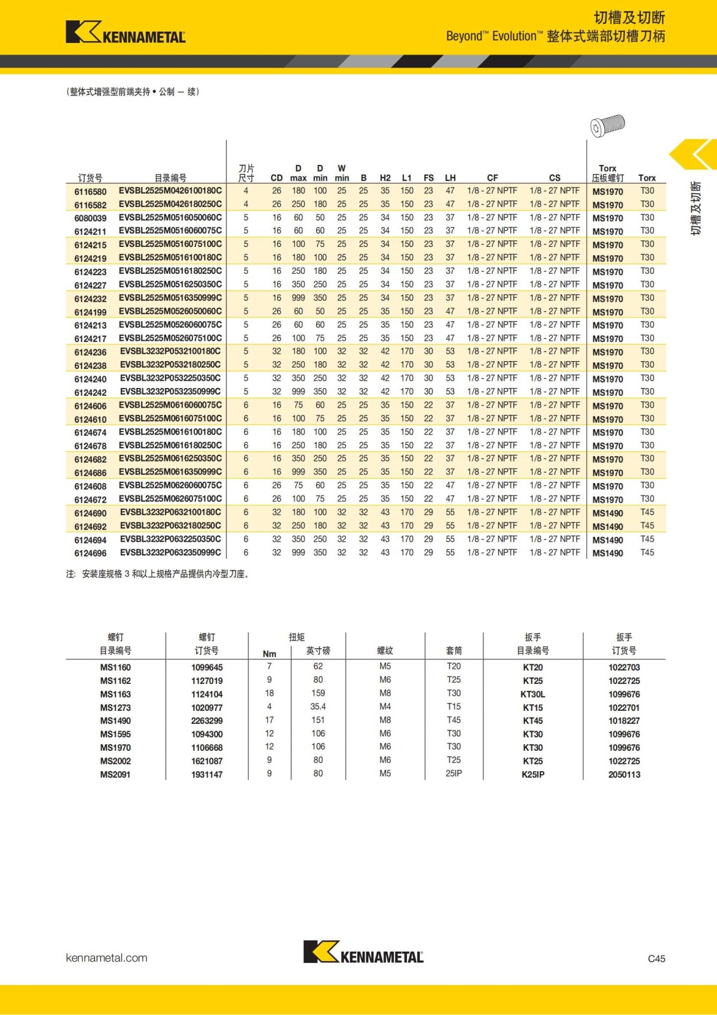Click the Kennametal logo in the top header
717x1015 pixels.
pos(125,32)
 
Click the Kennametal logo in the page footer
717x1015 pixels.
pos(363,952)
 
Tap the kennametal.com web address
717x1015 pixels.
pos(106,958)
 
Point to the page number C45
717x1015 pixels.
pos(656,958)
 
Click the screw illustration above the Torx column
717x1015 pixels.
pos(607,126)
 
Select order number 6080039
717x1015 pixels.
pos(90,218)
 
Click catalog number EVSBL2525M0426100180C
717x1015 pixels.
pos(170,191)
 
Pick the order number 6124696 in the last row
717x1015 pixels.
pos(90,553)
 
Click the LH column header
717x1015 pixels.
pos(450,178)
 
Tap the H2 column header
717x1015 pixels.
pos(385,178)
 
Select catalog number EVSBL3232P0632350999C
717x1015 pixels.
pos(170,552)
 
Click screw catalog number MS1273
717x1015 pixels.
pos(115,707)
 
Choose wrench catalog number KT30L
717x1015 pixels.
pos(532,694)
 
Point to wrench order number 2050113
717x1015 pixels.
pos(624,774)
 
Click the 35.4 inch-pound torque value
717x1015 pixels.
pos(318,707)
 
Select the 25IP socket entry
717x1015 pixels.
pos(454,774)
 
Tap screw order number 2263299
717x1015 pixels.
pos(207,721)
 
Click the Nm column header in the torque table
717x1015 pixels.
pos(269,654)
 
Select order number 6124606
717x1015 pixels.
pos(90,406)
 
